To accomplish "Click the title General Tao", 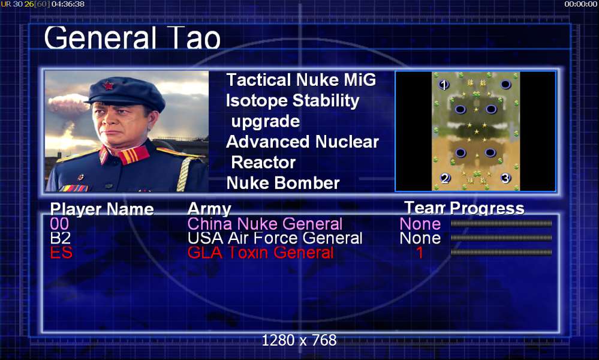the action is (132, 38).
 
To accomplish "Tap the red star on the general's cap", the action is (108, 85).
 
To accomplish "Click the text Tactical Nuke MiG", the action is (301, 80).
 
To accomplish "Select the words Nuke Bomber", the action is (283, 182).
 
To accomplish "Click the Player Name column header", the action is (102, 209).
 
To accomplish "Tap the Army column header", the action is (209, 209).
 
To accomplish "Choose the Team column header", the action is (425, 208).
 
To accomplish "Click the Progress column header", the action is (487, 208).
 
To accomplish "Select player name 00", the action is (59, 224).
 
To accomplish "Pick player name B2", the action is (61, 238).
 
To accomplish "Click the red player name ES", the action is (61, 253).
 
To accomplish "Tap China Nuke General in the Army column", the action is (265, 224).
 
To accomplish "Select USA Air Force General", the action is (275, 238).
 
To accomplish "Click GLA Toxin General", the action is (261, 253).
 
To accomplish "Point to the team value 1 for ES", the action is (420, 253).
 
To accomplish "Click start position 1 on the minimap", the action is (444, 85).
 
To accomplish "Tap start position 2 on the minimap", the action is (445, 178).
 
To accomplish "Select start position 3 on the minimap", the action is (505, 178).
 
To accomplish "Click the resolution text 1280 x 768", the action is (299, 340).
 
